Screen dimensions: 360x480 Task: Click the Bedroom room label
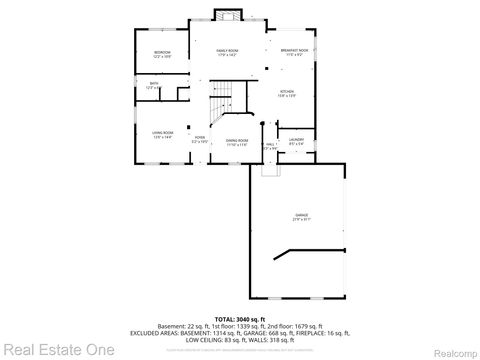(162, 54)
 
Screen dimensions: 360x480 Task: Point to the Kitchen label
(286, 93)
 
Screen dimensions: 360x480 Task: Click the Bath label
(154, 86)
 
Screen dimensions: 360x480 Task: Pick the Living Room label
(162, 133)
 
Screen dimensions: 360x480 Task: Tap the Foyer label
(200, 139)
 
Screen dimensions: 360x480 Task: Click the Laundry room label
(296, 141)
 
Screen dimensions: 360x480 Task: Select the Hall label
(270, 146)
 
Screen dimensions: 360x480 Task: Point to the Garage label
(301, 217)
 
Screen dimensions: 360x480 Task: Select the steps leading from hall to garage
(268, 168)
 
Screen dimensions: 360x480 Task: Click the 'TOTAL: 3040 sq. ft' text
(240, 317)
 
